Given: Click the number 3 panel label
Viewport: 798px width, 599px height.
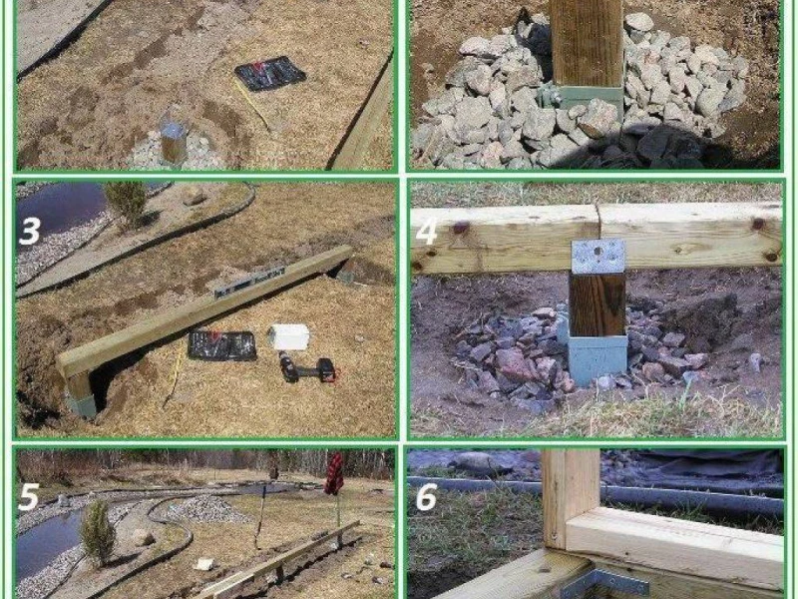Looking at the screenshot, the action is pyautogui.click(x=29, y=231).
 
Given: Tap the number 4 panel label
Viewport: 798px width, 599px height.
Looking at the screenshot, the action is pyautogui.click(x=427, y=232).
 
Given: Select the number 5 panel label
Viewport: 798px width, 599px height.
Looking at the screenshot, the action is pyautogui.click(x=29, y=496).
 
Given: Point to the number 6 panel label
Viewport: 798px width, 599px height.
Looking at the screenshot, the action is pyautogui.click(x=427, y=496).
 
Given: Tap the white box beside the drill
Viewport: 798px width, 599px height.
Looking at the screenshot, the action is pyautogui.click(x=289, y=336).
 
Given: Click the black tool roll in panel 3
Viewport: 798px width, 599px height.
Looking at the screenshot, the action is pyautogui.click(x=221, y=345).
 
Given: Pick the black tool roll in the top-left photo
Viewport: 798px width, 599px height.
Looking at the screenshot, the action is pyautogui.click(x=269, y=74).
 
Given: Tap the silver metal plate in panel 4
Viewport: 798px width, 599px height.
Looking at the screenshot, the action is pyautogui.click(x=598, y=257).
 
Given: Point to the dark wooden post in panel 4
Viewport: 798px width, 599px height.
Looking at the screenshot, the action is pyautogui.click(x=598, y=304).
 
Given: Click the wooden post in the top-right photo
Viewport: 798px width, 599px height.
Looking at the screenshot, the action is pyautogui.click(x=587, y=43).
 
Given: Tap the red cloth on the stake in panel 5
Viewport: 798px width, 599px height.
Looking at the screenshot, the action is pyautogui.click(x=334, y=474).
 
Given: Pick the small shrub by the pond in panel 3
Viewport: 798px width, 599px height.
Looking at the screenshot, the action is pyautogui.click(x=127, y=201).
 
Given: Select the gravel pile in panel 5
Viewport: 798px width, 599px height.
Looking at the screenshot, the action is pyautogui.click(x=202, y=509).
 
